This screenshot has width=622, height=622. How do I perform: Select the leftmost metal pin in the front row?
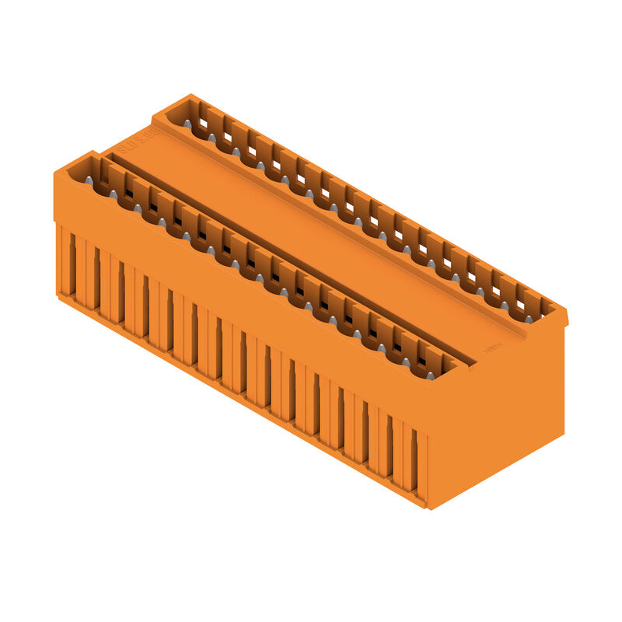89,180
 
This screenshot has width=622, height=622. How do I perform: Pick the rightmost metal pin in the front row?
430,376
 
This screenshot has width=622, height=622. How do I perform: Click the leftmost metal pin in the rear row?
187,124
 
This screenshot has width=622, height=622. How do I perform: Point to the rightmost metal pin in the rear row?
528,319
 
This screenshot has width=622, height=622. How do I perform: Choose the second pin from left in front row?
114,194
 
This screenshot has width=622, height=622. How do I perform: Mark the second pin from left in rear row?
211,138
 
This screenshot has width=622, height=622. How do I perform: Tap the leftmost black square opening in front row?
128,194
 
